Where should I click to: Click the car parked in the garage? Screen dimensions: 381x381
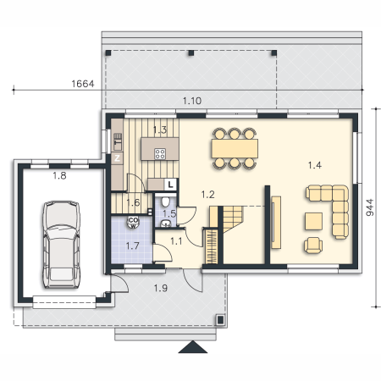[x=61, y=245]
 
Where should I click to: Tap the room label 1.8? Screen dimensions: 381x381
[x=59, y=176]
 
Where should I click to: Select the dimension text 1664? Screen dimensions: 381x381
[x=83, y=84]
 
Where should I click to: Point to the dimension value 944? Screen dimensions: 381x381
[x=370, y=207]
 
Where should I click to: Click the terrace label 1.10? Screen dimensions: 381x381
[x=192, y=101]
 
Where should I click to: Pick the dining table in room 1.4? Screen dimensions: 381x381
[x=235, y=148]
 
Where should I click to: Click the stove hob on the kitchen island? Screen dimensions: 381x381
[x=160, y=154]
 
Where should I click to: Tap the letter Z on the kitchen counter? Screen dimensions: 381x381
[x=117, y=158]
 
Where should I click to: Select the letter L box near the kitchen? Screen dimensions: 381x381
[x=170, y=185]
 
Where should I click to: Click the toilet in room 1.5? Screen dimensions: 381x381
[x=165, y=201]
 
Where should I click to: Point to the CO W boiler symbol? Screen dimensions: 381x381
[x=133, y=223]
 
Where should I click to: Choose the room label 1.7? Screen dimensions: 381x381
[x=132, y=246]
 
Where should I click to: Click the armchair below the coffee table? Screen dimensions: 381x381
[x=313, y=246]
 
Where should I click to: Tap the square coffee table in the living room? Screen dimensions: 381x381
[x=313, y=221]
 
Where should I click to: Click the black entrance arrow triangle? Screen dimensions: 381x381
[x=193, y=347]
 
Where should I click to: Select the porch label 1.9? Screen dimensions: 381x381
[x=161, y=288]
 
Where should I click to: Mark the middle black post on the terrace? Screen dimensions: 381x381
[x=191, y=52]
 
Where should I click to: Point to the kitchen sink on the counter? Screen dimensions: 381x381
[x=118, y=141]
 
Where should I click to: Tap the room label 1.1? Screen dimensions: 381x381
[x=176, y=241]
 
